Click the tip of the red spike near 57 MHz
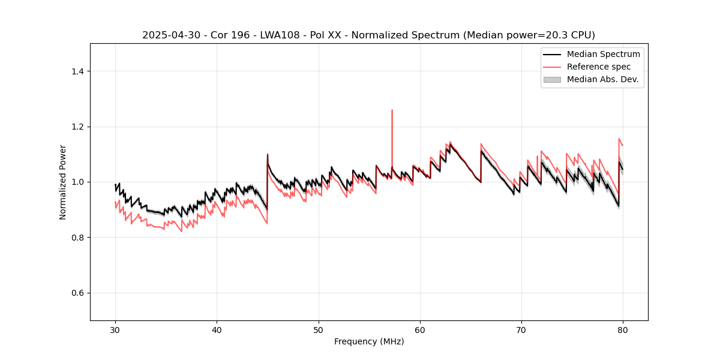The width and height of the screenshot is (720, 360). click(392, 110)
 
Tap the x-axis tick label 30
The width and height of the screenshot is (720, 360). click(116, 329)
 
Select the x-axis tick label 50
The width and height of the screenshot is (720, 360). click(319, 329)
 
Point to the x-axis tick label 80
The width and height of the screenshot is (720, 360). click(623, 329)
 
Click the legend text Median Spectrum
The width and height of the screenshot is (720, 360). click(603, 54)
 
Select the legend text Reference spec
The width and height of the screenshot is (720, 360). click(598, 67)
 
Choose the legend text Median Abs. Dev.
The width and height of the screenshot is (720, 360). click(602, 79)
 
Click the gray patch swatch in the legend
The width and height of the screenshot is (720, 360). click(552, 79)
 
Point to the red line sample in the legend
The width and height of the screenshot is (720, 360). click(552, 67)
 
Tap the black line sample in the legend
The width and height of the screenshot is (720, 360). click(552, 54)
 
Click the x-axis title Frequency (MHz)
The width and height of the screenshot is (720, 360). click(369, 341)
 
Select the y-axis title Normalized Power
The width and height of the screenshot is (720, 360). click(63, 182)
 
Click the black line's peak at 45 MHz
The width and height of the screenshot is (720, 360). click(268, 154)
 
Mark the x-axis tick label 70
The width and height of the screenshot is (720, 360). click(521, 329)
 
